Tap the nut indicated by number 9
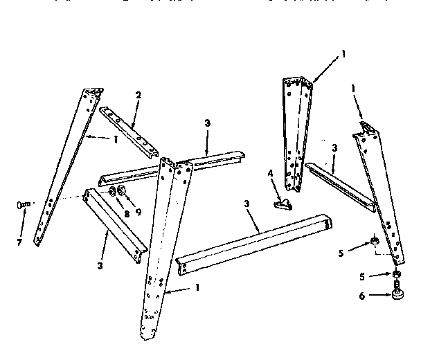pos(123,190)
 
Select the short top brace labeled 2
pos(129,130)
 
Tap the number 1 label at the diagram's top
pos(343,53)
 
